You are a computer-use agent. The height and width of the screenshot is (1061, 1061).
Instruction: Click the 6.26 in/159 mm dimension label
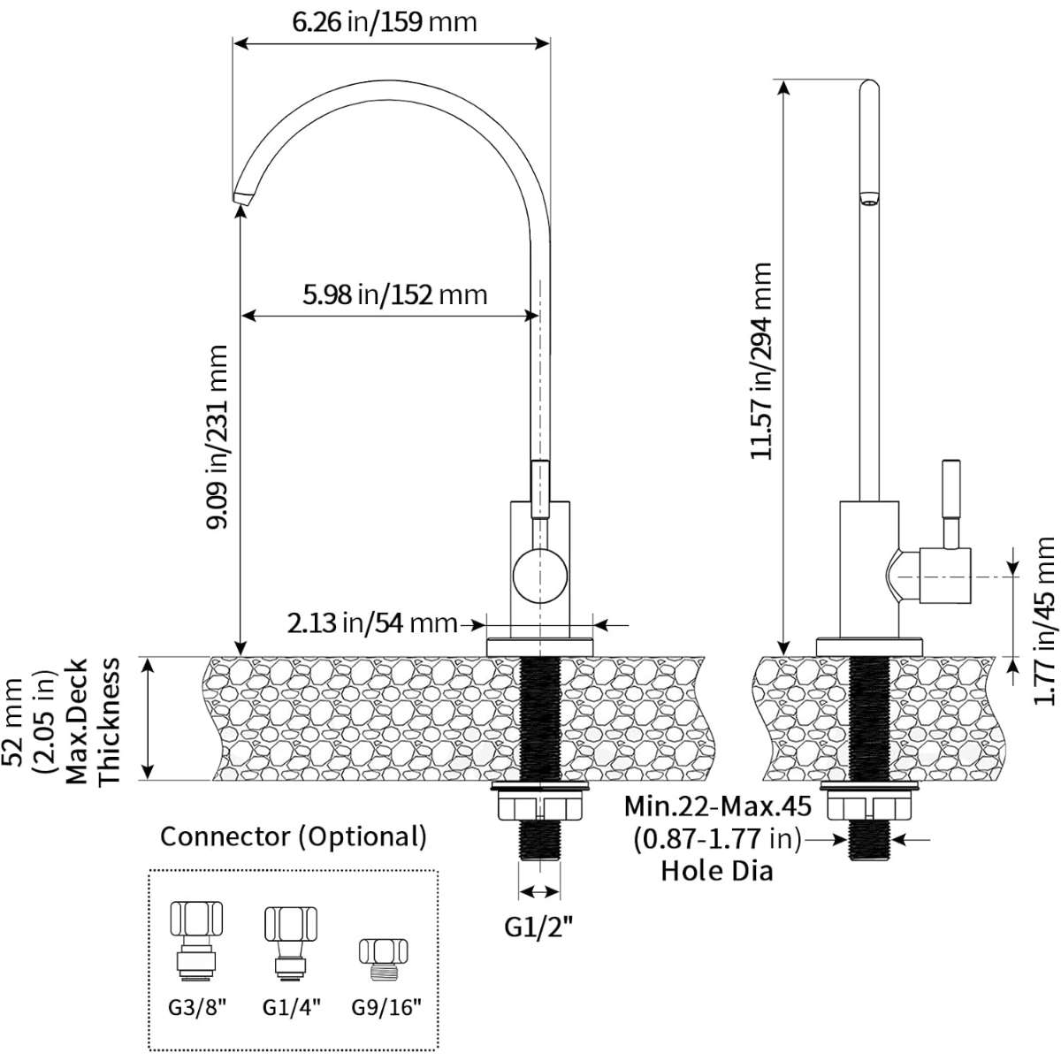(385, 21)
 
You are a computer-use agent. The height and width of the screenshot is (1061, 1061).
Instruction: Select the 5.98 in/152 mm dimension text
(394, 294)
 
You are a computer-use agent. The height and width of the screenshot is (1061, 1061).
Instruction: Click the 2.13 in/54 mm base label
(370, 623)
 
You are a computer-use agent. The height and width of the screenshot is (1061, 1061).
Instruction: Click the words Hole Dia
(717, 871)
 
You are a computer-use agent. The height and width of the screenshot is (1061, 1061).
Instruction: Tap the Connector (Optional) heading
(294, 836)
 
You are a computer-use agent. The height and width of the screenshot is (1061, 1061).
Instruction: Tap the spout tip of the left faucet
(241, 195)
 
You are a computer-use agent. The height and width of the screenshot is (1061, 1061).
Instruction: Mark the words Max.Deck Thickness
(94, 721)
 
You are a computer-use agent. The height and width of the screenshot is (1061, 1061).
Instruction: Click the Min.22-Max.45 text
(716, 808)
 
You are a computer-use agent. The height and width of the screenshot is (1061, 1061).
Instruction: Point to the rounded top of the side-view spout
(870, 87)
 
